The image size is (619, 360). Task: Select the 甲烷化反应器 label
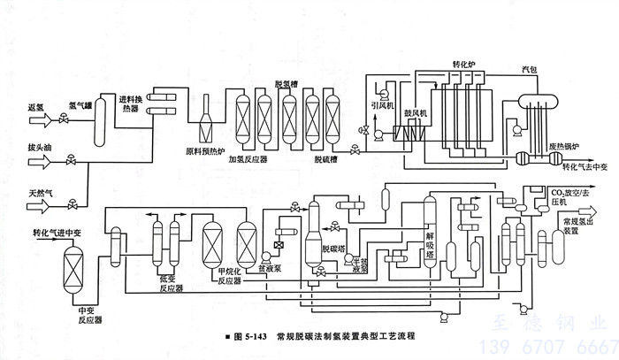coord(230,276)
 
